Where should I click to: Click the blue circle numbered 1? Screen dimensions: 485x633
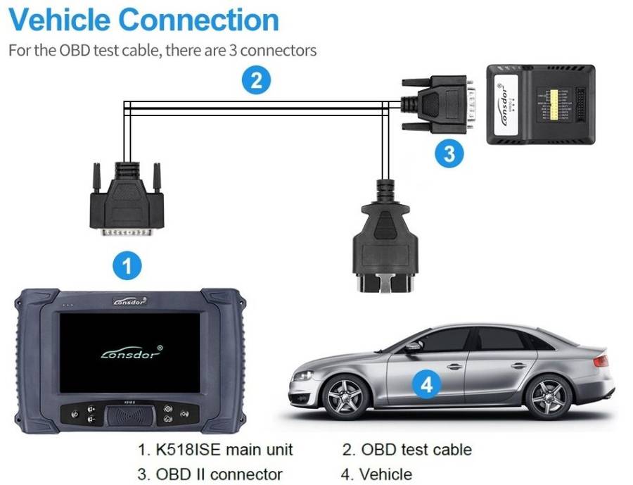(x=127, y=265)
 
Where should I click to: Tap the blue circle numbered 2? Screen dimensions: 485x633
(x=256, y=80)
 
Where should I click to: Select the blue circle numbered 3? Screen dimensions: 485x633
(x=449, y=153)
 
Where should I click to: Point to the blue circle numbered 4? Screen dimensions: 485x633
(x=426, y=384)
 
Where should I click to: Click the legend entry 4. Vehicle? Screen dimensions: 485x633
(x=377, y=474)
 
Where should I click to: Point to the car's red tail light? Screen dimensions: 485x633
(x=600, y=361)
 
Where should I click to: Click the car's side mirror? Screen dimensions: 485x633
(x=414, y=346)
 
